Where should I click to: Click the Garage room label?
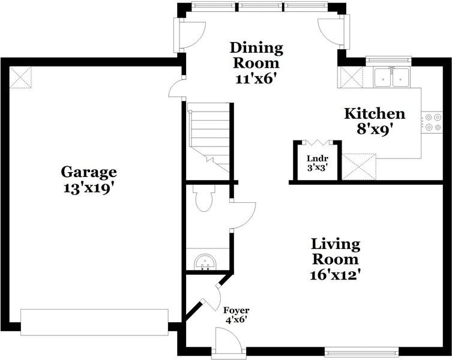point(89,172)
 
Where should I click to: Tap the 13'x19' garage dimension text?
point(87,189)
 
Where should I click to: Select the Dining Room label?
point(256,55)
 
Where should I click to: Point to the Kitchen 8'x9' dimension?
point(375,130)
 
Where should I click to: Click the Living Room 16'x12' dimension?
point(336,275)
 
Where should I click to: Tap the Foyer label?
point(237,310)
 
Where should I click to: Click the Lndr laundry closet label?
point(318,158)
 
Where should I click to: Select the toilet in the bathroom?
point(204,199)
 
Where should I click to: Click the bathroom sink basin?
point(205,262)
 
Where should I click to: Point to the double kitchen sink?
point(391,77)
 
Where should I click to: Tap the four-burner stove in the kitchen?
point(432,122)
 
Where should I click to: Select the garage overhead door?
point(94,322)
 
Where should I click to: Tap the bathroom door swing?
point(243,215)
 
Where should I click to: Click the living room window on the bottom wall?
point(362,352)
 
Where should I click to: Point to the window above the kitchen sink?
point(389,60)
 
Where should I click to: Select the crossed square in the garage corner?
point(20,77)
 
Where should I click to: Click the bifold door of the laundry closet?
point(317,142)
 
